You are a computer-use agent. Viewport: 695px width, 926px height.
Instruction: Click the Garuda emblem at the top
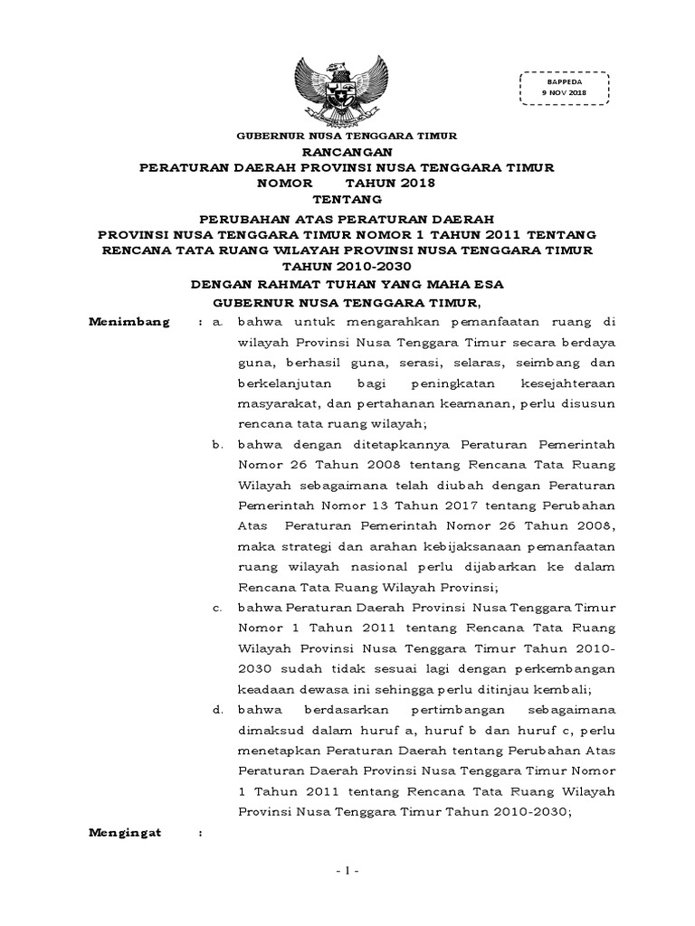click(x=347, y=90)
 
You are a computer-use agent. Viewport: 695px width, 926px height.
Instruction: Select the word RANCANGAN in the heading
click(x=347, y=152)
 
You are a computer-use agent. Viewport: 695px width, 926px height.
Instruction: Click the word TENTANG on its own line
click(x=347, y=198)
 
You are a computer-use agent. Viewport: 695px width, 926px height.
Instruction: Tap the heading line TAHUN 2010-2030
click(x=347, y=266)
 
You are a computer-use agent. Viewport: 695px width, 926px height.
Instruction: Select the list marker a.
click(x=216, y=321)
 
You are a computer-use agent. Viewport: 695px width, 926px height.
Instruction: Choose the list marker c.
click(x=217, y=607)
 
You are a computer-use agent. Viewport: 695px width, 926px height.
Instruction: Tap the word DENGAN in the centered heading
click(x=224, y=283)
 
